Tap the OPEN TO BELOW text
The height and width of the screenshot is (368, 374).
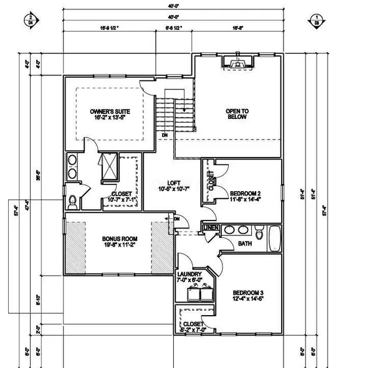[236, 114]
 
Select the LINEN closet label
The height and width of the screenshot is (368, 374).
[211, 230]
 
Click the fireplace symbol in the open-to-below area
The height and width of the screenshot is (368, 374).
[236, 62]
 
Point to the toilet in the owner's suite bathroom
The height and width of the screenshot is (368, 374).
[72, 201]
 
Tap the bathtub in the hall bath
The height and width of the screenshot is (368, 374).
[274, 237]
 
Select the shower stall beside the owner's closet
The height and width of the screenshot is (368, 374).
[108, 167]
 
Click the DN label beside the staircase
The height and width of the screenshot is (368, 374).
[164, 134]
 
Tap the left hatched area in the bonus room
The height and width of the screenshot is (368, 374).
[76, 247]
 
